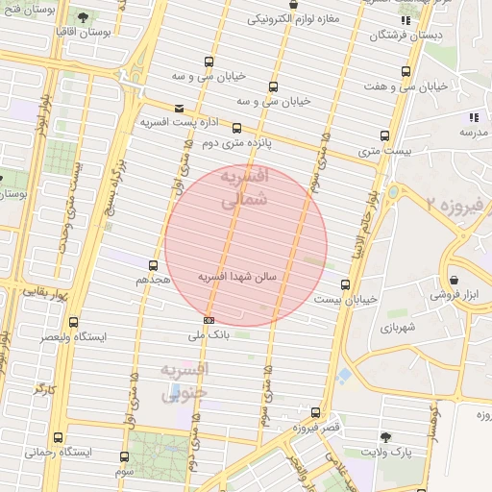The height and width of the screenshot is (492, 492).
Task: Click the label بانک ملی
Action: (x=209, y=335)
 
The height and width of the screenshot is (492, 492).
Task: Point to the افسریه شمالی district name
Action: (x=244, y=189)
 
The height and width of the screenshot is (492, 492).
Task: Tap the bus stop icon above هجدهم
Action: (x=153, y=264)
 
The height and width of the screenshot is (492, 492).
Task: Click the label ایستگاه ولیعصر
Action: (x=74, y=337)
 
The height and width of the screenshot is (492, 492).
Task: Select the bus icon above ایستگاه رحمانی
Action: (x=59, y=436)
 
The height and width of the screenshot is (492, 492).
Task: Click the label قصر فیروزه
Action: (x=314, y=428)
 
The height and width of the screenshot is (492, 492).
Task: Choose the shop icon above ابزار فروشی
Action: (x=454, y=281)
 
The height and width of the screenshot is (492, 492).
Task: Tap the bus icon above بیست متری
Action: (x=385, y=135)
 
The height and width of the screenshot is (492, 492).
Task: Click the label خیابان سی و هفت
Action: (x=407, y=86)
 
